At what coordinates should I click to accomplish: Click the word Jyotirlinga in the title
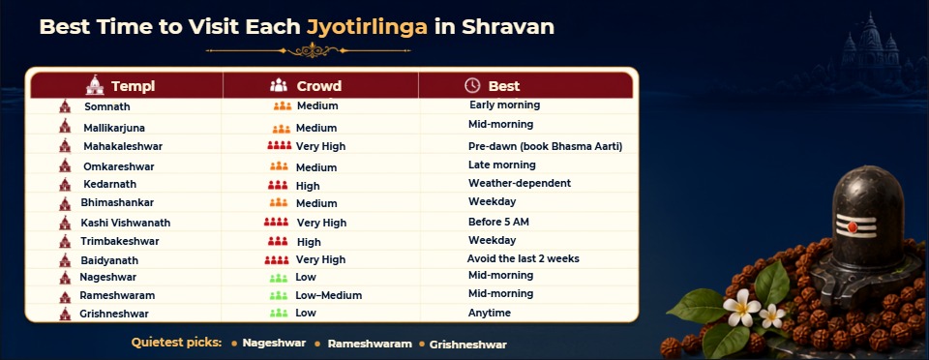(x=368, y=27)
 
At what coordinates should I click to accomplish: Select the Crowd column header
(x=318, y=86)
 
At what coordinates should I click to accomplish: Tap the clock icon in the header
(x=472, y=85)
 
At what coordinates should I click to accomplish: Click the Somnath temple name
(x=107, y=106)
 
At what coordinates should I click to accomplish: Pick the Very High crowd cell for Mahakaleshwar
(x=320, y=146)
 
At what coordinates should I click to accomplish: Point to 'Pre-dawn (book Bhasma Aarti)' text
(x=545, y=146)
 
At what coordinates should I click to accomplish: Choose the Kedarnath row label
(x=109, y=184)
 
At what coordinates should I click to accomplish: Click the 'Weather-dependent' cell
(x=520, y=183)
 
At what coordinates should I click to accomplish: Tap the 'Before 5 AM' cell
(x=498, y=222)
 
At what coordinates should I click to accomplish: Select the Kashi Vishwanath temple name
(x=126, y=223)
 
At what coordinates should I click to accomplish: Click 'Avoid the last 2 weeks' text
(x=524, y=258)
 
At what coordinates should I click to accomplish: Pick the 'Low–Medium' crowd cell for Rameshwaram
(x=328, y=295)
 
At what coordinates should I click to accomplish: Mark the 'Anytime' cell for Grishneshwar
(x=490, y=313)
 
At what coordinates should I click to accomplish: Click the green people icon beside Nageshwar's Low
(x=279, y=277)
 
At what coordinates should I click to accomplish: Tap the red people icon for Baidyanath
(x=276, y=259)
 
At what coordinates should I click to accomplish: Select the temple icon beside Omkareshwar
(x=65, y=165)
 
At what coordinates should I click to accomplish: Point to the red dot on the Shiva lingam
(x=852, y=226)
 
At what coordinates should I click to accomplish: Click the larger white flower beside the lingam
(x=740, y=308)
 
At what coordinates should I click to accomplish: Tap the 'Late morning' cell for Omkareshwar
(x=502, y=165)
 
